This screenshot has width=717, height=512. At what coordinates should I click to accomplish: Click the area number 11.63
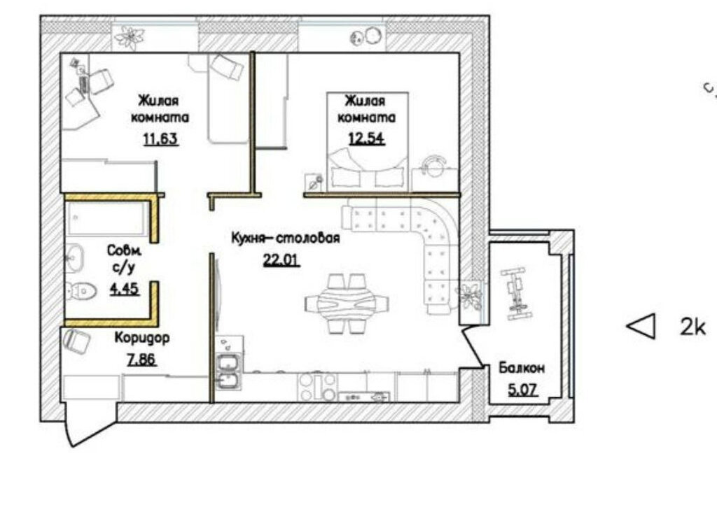[161, 139]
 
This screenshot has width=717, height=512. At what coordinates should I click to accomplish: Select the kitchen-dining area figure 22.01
[281, 260]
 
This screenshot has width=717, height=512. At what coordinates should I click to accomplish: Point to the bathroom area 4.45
[125, 289]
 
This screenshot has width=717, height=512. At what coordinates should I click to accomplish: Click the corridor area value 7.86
[141, 360]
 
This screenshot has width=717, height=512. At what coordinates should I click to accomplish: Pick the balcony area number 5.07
[522, 390]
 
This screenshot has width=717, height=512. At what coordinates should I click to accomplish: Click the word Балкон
[522, 368]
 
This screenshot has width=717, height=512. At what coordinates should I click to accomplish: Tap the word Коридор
[142, 339]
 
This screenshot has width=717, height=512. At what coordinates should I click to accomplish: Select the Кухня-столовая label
[286, 238]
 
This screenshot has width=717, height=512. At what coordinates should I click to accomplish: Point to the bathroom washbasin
[74, 258]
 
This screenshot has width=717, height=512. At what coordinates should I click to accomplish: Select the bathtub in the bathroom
[107, 220]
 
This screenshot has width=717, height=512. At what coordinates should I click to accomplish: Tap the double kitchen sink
[229, 371]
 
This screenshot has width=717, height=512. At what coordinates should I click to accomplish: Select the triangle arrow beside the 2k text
[641, 326]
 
